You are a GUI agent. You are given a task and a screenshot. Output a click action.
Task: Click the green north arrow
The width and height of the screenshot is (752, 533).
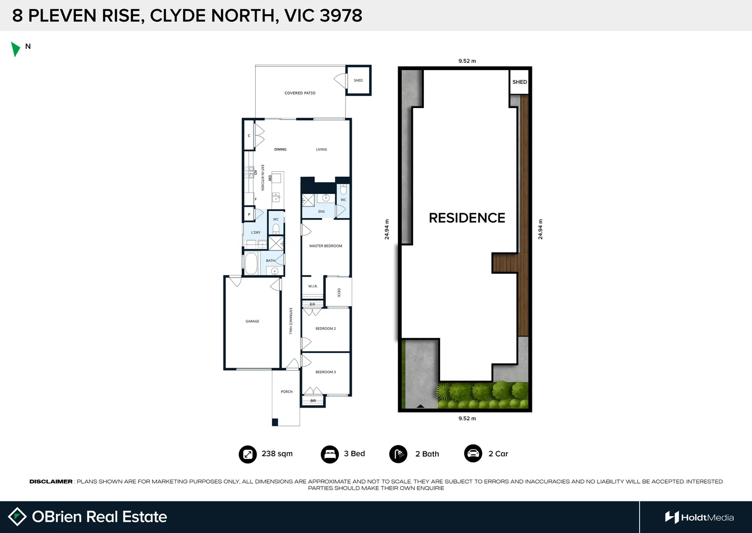(15, 49)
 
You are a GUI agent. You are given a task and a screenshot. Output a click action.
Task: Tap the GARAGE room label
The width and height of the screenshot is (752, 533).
(252, 321)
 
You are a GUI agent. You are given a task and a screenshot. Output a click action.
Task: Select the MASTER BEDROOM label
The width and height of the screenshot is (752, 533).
(326, 246)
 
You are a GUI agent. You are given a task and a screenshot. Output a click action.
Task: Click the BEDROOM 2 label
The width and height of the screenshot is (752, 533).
(326, 329)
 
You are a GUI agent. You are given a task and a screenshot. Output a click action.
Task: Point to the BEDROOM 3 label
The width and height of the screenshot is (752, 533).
(326, 372)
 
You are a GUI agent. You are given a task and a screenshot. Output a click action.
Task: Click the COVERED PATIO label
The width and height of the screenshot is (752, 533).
(300, 93)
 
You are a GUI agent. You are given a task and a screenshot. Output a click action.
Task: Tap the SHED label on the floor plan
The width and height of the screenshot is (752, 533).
(358, 80)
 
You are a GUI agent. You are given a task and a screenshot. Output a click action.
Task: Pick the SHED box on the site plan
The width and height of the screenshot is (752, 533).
(519, 82)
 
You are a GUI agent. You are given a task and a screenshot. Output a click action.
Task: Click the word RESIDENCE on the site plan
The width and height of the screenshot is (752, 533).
(467, 218)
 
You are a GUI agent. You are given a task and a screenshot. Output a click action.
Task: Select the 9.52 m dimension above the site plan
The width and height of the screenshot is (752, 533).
(467, 61)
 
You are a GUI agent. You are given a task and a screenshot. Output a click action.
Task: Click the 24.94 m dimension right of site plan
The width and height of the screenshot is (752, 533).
(540, 229)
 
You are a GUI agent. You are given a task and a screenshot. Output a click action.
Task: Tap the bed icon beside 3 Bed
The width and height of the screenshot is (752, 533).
(330, 454)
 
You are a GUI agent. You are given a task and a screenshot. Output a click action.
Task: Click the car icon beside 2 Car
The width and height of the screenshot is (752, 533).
(473, 454)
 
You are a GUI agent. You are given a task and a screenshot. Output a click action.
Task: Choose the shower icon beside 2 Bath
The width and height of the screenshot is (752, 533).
(398, 454)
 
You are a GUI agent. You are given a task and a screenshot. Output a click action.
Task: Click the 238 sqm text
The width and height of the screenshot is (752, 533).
(277, 454)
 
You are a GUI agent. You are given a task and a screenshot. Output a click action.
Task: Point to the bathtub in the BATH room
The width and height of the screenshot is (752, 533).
(251, 264)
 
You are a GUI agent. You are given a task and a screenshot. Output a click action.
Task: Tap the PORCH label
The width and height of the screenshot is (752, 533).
(287, 392)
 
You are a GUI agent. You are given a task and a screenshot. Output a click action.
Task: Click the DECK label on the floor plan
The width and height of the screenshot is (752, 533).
(339, 293)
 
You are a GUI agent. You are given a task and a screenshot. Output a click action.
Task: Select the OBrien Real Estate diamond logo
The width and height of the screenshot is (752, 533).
(17, 517)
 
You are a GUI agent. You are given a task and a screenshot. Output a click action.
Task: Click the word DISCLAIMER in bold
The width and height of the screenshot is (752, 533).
(51, 482)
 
